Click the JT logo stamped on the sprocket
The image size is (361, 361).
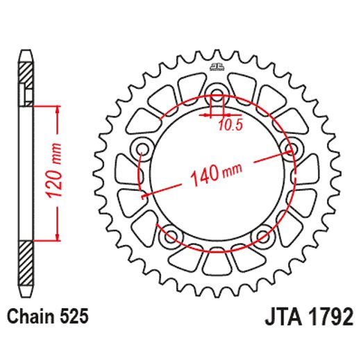215,68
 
